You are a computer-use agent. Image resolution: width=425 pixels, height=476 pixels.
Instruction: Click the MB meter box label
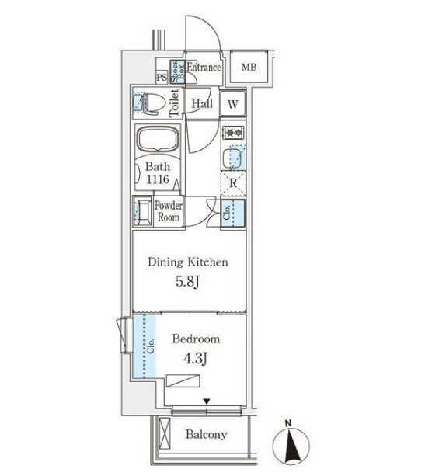click(x=249, y=67)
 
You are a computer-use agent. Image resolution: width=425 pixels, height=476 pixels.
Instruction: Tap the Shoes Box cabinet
click(x=177, y=71)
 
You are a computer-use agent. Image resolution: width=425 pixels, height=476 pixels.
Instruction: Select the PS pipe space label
click(x=162, y=77)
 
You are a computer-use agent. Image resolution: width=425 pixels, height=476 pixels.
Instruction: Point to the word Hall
click(x=202, y=103)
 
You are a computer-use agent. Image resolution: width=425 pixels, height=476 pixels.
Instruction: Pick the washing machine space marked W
click(x=233, y=104)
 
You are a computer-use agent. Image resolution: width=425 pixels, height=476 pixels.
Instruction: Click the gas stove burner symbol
click(x=233, y=132)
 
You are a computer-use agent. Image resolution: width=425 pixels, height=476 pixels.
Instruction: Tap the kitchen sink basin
click(x=233, y=158)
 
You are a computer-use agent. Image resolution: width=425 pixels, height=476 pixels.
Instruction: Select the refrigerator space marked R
click(x=233, y=183)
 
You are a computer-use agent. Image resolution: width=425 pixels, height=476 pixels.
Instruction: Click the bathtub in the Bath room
click(x=158, y=140)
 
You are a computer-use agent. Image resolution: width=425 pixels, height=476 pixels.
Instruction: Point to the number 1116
click(x=158, y=179)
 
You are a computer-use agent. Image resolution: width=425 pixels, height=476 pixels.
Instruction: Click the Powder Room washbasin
click(x=142, y=212)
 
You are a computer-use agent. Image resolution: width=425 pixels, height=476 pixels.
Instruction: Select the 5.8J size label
click(x=187, y=282)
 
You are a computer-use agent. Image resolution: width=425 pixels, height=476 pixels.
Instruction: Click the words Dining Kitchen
click(x=188, y=262)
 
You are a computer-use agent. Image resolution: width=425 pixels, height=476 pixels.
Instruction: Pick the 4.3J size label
click(x=196, y=359)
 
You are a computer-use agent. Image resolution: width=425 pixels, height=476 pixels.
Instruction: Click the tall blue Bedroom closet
click(x=145, y=346)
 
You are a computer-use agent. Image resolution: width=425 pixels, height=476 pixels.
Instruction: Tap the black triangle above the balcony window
click(x=207, y=401)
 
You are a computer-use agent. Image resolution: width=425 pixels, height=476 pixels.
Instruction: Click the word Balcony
click(x=206, y=434)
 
